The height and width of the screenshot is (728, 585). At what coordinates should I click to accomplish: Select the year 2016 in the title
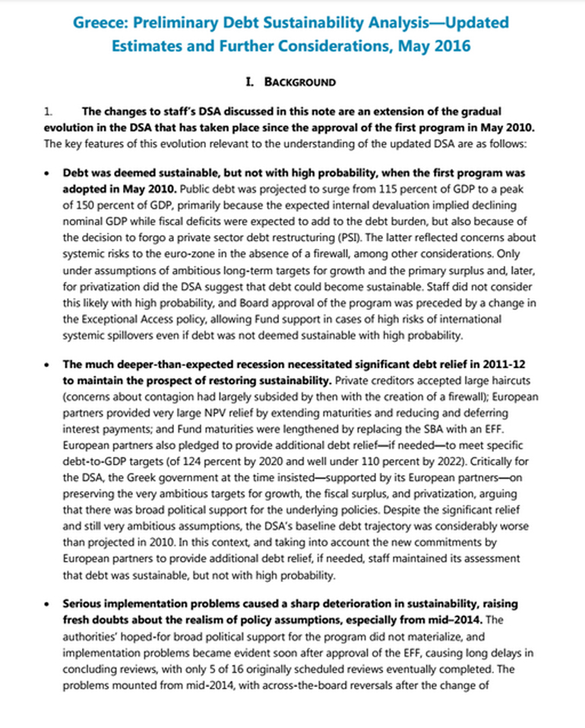[x=454, y=46]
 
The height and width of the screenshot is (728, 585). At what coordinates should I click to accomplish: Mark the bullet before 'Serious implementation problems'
[x=49, y=603]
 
